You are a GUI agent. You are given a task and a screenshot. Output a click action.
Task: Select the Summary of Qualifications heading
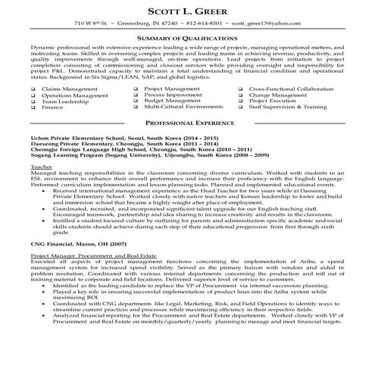(187, 38)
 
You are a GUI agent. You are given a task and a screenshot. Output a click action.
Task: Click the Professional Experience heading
(187, 122)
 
